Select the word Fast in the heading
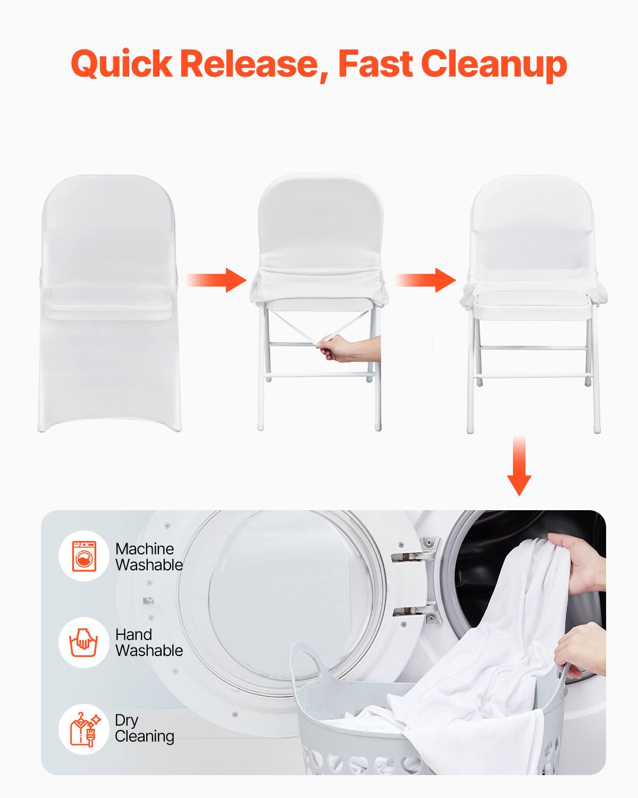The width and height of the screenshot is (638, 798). pos(375,64)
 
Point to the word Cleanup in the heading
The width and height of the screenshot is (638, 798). pos(494,64)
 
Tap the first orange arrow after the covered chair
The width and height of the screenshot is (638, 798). pos(216,280)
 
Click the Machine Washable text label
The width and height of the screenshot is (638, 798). pos(149,556)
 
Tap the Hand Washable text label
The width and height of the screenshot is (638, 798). pos(149,642)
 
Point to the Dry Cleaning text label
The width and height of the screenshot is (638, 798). pos(144,728)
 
